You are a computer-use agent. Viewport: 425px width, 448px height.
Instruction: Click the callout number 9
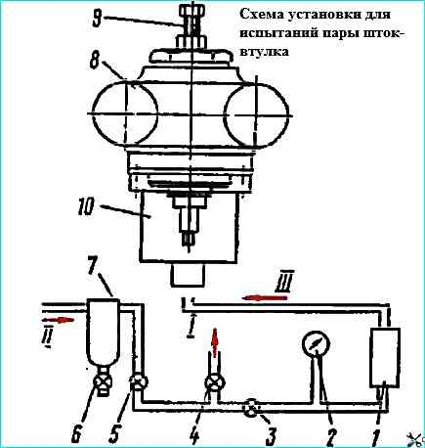click(x=99, y=19)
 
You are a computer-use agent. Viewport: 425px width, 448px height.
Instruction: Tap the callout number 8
click(x=96, y=60)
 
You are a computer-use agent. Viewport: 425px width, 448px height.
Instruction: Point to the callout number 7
click(x=93, y=265)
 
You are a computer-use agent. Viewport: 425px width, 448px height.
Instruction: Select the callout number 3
click(x=272, y=434)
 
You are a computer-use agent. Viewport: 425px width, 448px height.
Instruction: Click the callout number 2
click(x=329, y=434)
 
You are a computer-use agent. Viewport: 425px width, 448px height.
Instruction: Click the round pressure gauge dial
click(x=316, y=344)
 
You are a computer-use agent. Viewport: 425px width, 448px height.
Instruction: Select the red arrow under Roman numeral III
click(x=265, y=297)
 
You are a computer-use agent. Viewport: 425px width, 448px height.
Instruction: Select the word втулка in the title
click(x=264, y=52)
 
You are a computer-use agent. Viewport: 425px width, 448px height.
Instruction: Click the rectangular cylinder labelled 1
click(x=385, y=357)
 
